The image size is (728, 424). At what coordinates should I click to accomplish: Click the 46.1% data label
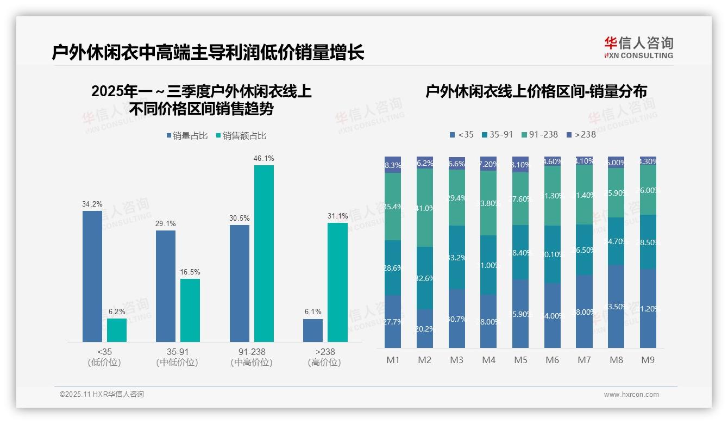pos(263,159)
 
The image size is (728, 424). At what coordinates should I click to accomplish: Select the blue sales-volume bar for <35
pos(92,276)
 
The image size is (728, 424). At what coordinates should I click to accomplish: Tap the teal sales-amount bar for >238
pos(337,282)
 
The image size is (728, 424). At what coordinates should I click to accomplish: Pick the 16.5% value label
pos(190,272)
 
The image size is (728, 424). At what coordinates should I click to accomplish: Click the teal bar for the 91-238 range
pos(264,253)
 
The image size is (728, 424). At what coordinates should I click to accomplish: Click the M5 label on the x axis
pos(520,360)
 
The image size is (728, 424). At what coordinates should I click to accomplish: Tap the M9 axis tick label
pos(648,360)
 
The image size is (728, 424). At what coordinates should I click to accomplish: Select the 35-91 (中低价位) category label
pos(177,357)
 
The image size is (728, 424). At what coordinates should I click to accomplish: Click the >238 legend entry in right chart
pos(581,134)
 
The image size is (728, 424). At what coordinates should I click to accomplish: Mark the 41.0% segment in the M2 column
pos(425,208)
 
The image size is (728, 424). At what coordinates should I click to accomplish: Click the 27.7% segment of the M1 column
pos(393,322)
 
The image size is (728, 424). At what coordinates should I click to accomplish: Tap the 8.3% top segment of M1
pos(393,165)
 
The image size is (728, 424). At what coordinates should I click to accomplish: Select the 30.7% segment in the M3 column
pos(457,319)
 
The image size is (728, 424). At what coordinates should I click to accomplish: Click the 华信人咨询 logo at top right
pos(638,47)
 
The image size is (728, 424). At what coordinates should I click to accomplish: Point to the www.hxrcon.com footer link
pos(631,395)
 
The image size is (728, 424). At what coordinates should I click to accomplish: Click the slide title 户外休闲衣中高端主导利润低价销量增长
pos(208,53)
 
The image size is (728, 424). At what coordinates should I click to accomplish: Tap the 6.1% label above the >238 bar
pos(313,312)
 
